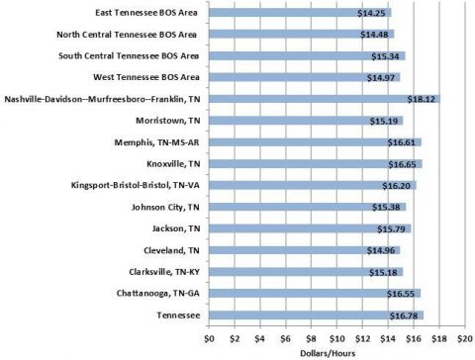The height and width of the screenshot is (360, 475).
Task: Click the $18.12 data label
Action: pos(422,99)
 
